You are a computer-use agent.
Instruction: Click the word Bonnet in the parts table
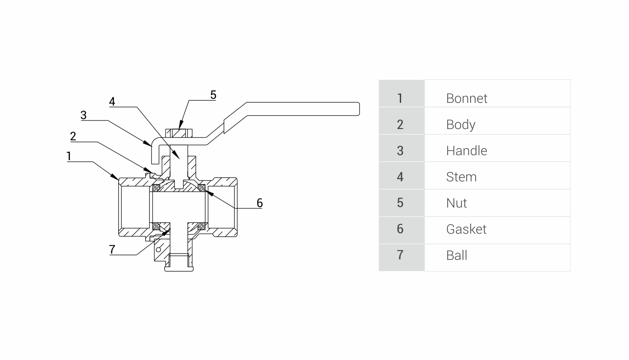pyautogui.click(x=467, y=98)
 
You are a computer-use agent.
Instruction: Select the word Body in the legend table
pyautogui.click(x=461, y=125)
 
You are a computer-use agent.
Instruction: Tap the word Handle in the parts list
pyautogui.click(x=467, y=151)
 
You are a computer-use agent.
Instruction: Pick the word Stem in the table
pyautogui.click(x=461, y=177)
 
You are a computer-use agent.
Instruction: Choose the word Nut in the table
pyautogui.click(x=457, y=203)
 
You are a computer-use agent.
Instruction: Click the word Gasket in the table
pyautogui.click(x=466, y=229)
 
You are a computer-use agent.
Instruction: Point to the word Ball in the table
pyautogui.click(x=457, y=255)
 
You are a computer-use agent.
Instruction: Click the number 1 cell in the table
pyautogui.click(x=400, y=98)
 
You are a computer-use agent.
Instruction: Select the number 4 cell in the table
pyautogui.click(x=400, y=177)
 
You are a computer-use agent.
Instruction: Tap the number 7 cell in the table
pyautogui.click(x=400, y=255)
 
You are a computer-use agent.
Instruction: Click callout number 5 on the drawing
pyautogui.click(x=213, y=95)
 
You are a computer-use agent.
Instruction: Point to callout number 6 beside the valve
pyautogui.click(x=259, y=203)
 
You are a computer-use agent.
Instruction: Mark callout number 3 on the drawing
pyautogui.click(x=83, y=115)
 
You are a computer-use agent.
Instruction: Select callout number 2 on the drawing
pyautogui.click(x=73, y=136)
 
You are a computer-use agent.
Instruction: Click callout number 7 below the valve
pyautogui.click(x=112, y=249)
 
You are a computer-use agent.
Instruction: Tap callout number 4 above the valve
pyautogui.click(x=112, y=102)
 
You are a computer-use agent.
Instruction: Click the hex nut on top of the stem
pyautogui.click(x=180, y=133)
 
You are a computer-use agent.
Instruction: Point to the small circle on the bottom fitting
pyautogui.click(x=158, y=249)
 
